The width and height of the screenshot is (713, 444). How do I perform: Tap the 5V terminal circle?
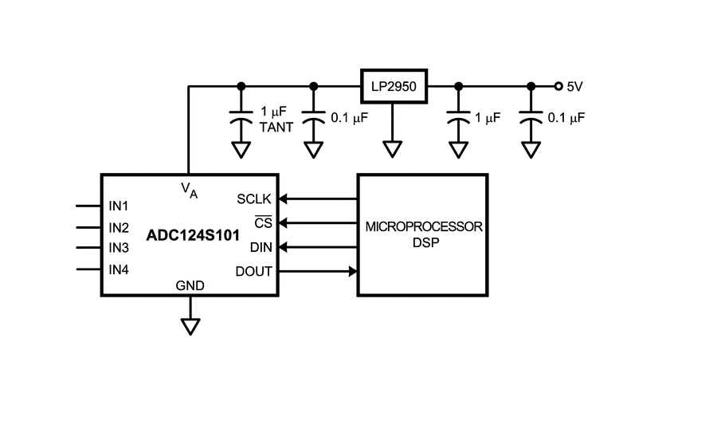click(x=558, y=86)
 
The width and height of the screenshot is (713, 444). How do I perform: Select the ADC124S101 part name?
click(x=193, y=235)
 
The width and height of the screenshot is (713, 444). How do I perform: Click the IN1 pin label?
click(x=119, y=206)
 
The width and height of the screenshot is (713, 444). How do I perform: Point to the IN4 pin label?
click(x=119, y=269)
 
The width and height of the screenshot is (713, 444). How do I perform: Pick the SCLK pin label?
click(x=254, y=198)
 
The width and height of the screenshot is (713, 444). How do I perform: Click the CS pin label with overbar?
click(x=263, y=222)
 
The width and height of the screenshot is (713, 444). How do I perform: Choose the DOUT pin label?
click(x=254, y=272)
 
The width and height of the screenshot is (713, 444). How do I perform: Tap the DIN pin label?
click(x=261, y=247)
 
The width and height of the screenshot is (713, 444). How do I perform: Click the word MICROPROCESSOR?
click(x=424, y=226)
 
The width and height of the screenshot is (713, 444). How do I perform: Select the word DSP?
click(x=426, y=242)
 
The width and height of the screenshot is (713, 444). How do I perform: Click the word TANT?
click(x=276, y=128)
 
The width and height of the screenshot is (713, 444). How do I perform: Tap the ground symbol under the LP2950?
click(x=393, y=150)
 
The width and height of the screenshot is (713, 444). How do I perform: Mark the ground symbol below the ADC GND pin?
click(x=190, y=327)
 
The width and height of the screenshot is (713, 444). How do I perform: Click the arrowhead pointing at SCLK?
click(x=283, y=198)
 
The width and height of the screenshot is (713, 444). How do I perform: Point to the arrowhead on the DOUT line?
click(x=353, y=272)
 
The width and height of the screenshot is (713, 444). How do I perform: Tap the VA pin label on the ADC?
click(x=189, y=191)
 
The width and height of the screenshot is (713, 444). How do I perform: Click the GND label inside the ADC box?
click(x=190, y=285)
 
